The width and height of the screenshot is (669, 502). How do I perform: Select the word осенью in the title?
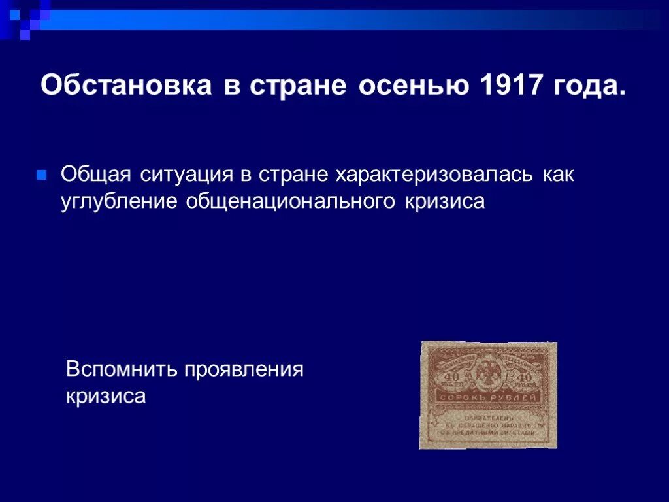pos(413,86)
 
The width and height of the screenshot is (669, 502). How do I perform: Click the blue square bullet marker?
pos(41,175)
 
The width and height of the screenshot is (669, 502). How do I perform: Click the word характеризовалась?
pos(434,175)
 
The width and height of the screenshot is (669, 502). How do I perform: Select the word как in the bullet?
pos(557,175)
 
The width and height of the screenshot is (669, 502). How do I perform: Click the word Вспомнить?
pos(122,369)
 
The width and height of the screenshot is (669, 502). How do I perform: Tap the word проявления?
pos(244,369)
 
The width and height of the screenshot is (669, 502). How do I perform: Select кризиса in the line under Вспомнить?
pos(106,396)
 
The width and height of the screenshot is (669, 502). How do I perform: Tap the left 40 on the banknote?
pos(451,377)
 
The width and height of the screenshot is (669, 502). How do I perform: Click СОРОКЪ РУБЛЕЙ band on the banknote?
pos(488,397)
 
